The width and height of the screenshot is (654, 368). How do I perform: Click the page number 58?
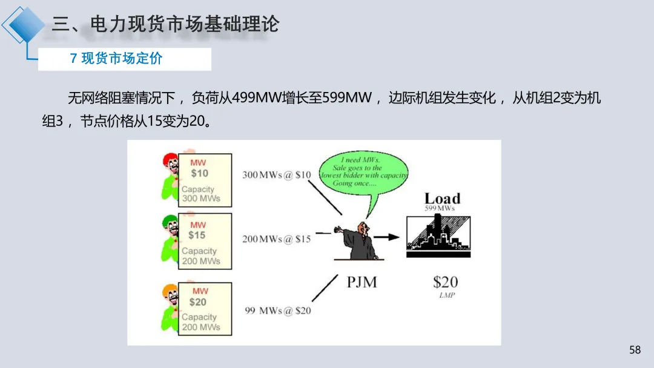[x=635, y=350]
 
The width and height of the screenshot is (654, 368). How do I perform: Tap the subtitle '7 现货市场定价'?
[x=116, y=59]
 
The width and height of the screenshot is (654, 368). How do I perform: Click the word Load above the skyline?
[x=442, y=199]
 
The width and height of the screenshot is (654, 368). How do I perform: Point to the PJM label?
[x=362, y=281]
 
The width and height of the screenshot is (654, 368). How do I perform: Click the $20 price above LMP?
[x=445, y=281]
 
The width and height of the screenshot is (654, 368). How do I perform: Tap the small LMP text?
[x=446, y=295]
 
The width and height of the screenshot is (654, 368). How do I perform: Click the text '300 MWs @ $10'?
[x=277, y=175]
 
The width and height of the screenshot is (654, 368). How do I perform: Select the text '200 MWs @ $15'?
[x=277, y=239]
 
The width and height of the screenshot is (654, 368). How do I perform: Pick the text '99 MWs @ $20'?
[x=278, y=310]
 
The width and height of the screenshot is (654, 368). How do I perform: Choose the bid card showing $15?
[x=204, y=241]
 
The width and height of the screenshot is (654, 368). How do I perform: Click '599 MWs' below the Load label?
[x=440, y=209]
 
